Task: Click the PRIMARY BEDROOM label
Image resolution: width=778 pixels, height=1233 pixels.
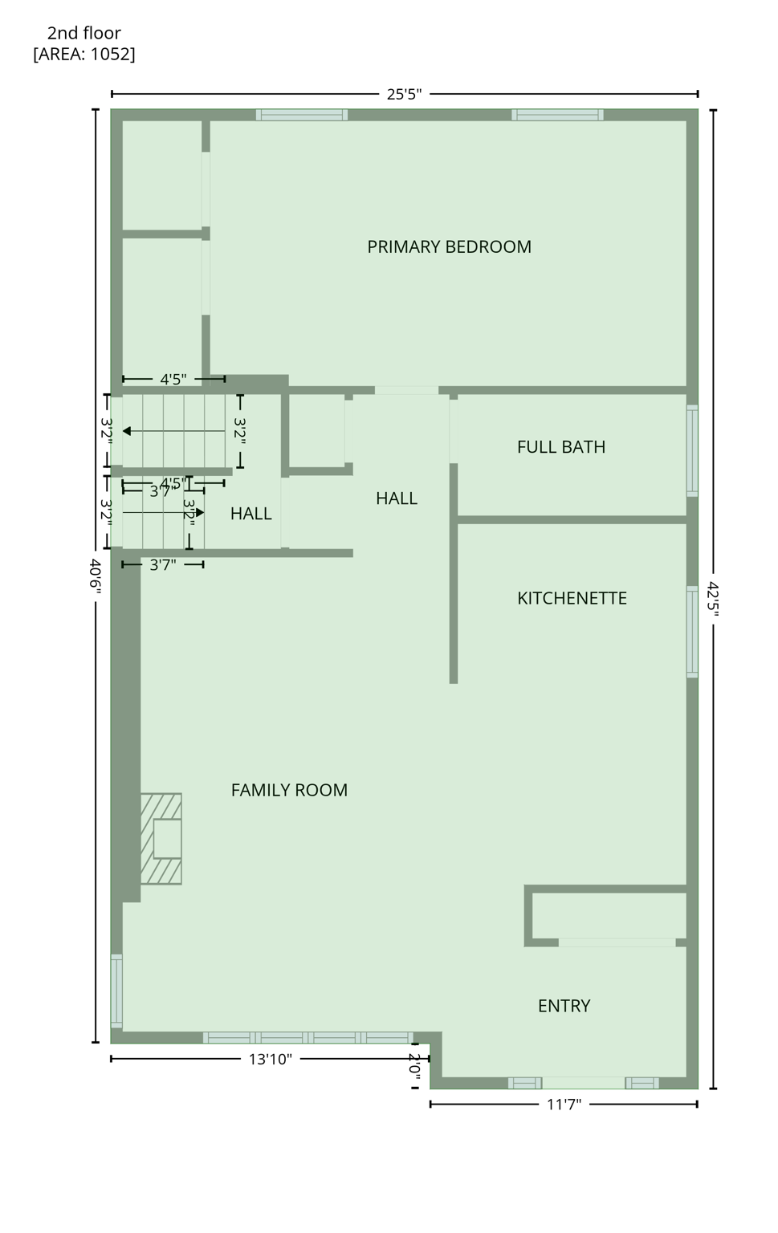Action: tap(449, 246)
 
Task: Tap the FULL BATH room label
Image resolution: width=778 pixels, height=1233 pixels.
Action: tap(560, 446)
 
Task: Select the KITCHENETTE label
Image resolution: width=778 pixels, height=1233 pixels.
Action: tap(572, 598)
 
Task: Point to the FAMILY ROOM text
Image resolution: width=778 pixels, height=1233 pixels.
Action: tap(289, 790)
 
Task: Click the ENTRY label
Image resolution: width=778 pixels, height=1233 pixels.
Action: tap(564, 1006)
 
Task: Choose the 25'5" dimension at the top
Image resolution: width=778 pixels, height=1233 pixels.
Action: tap(404, 94)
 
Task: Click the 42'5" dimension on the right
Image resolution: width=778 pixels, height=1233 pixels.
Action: tap(713, 599)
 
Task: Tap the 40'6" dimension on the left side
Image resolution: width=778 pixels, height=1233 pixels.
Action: tap(96, 576)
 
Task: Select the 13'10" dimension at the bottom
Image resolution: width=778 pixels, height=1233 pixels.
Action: tap(270, 1059)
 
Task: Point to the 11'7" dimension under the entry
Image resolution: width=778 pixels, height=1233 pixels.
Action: tap(564, 1105)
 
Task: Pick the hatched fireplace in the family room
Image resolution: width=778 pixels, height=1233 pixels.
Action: tap(161, 839)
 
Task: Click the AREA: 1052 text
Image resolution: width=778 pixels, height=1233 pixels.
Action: tap(84, 54)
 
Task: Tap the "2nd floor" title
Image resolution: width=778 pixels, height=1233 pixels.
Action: tap(84, 33)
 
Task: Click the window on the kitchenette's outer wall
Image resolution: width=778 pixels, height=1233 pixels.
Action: tap(692, 632)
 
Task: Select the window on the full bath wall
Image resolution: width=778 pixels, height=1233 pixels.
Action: tap(692, 450)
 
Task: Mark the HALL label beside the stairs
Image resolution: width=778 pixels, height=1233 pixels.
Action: tap(251, 514)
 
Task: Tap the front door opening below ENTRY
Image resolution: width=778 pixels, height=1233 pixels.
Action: tap(583, 1083)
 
